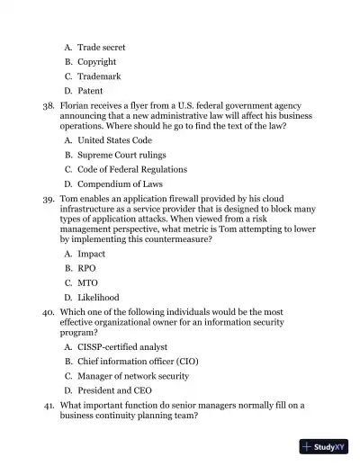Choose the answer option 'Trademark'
[99, 76]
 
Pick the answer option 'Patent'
[90, 91]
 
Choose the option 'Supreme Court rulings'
[121, 155]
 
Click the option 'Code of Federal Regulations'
[132, 169]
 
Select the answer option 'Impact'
[92, 255]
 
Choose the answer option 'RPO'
[87, 268]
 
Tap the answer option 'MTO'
[88, 282]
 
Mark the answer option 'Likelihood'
[98, 298]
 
